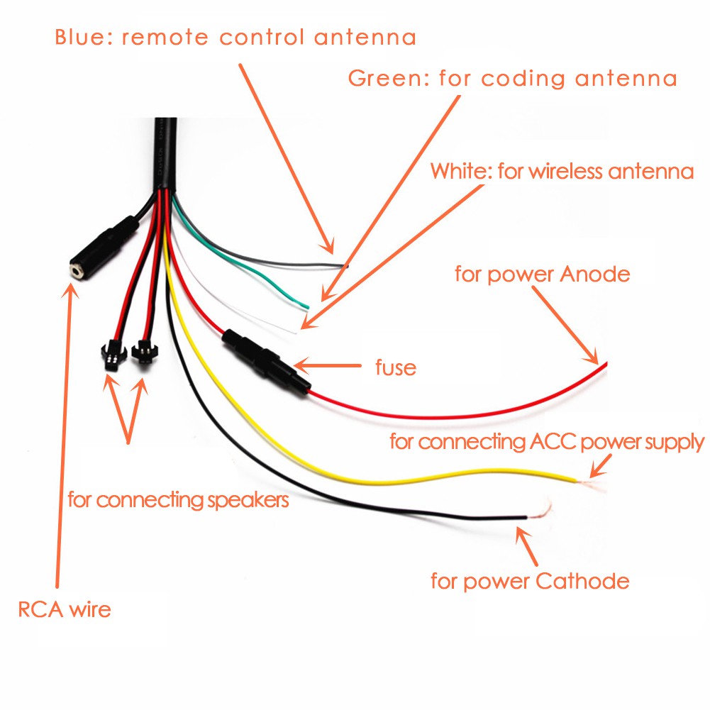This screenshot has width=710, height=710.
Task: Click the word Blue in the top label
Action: pos(78,37)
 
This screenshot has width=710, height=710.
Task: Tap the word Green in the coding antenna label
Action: pos(384,78)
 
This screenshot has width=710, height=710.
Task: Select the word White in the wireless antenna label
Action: pos(459,171)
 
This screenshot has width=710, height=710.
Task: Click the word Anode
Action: pos(594,274)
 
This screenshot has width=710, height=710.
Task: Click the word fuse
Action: pos(395,367)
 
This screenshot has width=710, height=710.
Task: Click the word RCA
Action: pos(41,609)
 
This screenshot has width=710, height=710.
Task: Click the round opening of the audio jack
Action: pos(74,269)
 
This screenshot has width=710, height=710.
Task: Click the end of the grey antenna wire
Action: pos(346,266)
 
